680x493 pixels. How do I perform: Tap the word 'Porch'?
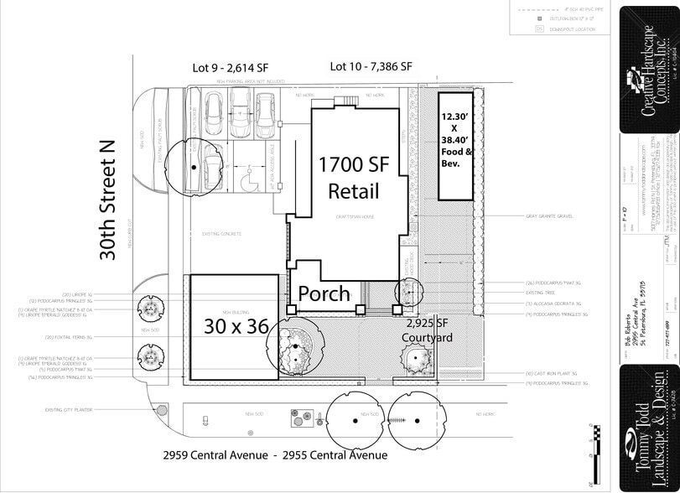pyautogui.click(x=324, y=294)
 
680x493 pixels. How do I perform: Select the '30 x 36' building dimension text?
pyautogui.click(x=236, y=326)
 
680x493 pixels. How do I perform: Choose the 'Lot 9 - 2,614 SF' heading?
pyautogui.click(x=229, y=67)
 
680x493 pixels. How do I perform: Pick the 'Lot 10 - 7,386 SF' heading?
pyautogui.click(x=371, y=66)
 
